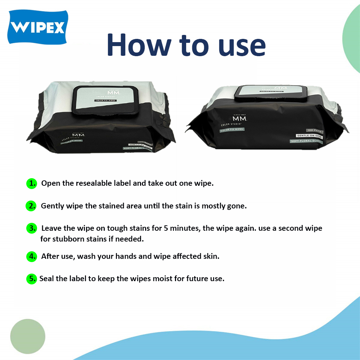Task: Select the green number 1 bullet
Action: tap(32, 183)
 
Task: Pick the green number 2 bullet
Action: tap(32, 206)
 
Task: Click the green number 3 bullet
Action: tap(32, 228)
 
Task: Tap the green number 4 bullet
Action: tap(32, 256)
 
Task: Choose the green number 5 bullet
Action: tap(32, 279)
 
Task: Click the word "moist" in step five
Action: tap(162, 279)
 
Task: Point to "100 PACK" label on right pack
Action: tap(314, 130)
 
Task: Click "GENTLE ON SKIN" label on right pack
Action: tap(309, 136)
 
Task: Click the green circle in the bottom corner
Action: tap(28, 336)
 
